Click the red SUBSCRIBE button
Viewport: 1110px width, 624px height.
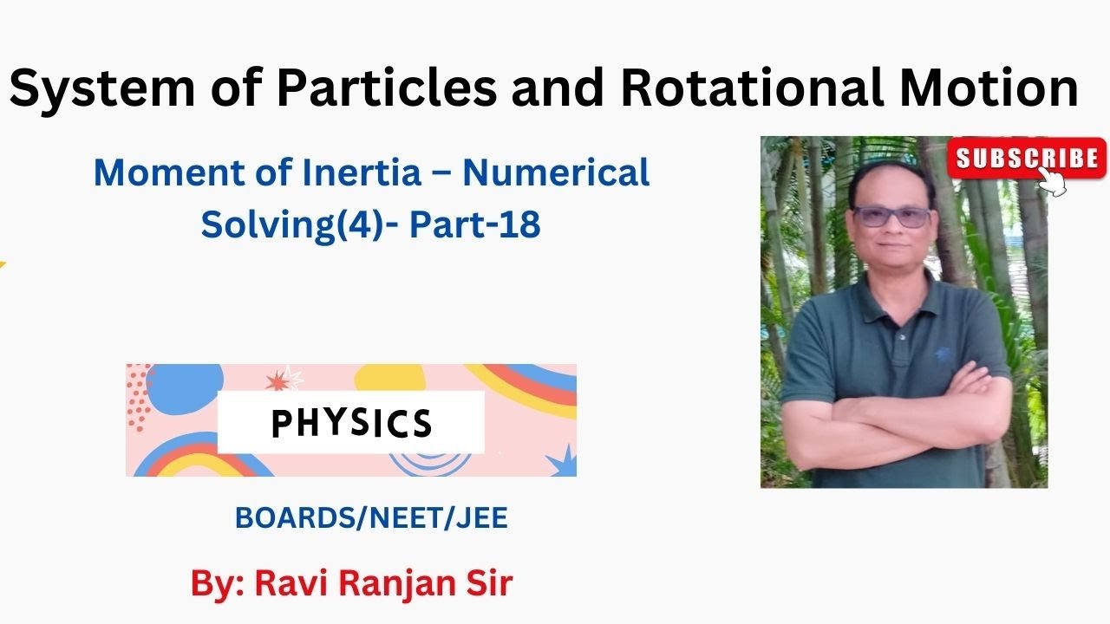coord(1026,158)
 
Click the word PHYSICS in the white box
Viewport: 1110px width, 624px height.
coord(351,423)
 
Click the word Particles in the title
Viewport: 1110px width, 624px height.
coord(374,89)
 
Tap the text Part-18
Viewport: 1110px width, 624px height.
coord(475,224)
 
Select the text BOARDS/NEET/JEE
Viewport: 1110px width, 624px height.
coord(371,517)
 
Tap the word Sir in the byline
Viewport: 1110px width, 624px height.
coord(486,583)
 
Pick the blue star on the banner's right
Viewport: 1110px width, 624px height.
coord(559,459)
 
